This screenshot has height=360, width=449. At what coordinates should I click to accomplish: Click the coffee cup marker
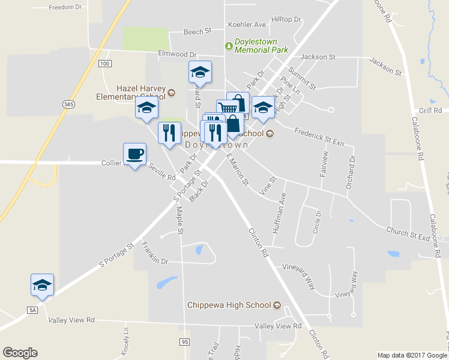pyautogui.click(x=134, y=154)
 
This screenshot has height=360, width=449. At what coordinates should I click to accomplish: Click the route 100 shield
pyautogui.click(x=105, y=63)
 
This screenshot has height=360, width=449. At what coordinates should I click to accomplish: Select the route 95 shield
pyautogui.click(x=184, y=341)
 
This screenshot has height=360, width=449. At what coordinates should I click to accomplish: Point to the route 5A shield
pyautogui.click(x=32, y=310)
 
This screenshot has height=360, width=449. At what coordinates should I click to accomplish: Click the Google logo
pyautogui.click(x=20, y=352)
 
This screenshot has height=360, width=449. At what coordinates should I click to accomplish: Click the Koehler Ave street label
pyautogui.click(x=247, y=25)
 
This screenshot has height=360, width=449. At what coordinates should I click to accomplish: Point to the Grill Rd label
pyautogui.click(x=430, y=110)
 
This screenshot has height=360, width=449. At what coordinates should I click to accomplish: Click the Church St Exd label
pyautogui.click(x=408, y=233)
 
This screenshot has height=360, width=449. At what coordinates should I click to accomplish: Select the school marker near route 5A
pyautogui.click(x=42, y=284)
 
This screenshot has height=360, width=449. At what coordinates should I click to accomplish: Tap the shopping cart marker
pyautogui.click(x=227, y=109)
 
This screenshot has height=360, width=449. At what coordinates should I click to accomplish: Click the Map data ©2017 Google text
pyautogui.click(x=412, y=355)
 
